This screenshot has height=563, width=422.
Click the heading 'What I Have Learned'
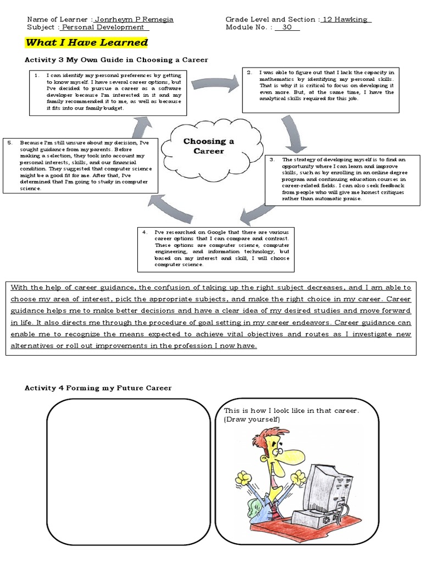pos(87,42)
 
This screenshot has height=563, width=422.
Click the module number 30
pos(287,27)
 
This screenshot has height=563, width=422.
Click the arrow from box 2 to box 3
pos(295,132)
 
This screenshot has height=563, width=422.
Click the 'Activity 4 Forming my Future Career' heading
pos(98,388)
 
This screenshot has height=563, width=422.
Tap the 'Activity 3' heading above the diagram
pos(116,59)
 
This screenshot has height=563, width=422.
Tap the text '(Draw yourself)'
pos(252,420)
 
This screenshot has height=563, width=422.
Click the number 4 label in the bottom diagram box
pos(145,232)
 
